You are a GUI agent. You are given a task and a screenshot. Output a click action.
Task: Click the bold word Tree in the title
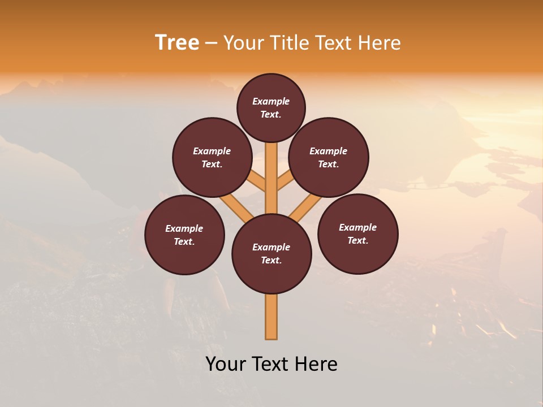pyautogui.click(x=177, y=43)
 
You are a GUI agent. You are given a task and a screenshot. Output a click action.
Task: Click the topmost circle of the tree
pyautogui.click(x=271, y=107)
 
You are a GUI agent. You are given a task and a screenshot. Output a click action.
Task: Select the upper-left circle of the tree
pyautogui.click(x=212, y=157)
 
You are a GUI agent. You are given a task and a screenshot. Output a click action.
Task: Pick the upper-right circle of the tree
pyautogui.click(x=329, y=157)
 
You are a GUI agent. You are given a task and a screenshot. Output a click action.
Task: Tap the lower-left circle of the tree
pyautogui.click(x=184, y=235)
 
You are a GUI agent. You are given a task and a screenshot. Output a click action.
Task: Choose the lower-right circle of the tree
pyautogui.click(x=357, y=233)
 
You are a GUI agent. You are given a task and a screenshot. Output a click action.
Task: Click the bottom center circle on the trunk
pyautogui.click(x=271, y=254)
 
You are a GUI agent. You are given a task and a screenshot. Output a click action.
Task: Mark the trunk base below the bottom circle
pyautogui.click(x=271, y=317)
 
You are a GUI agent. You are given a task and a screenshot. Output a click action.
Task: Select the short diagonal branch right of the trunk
pyautogui.click(x=286, y=180)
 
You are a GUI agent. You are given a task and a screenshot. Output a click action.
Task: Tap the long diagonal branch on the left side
pyautogui.click(x=236, y=206)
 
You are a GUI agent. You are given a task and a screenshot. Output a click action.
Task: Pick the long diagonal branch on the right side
pyautogui.click(x=305, y=207)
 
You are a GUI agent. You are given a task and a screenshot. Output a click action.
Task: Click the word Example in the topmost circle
pyautogui.click(x=271, y=101)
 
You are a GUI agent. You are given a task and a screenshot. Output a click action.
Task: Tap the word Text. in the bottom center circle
pyautogui.click(x=271, y=260)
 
